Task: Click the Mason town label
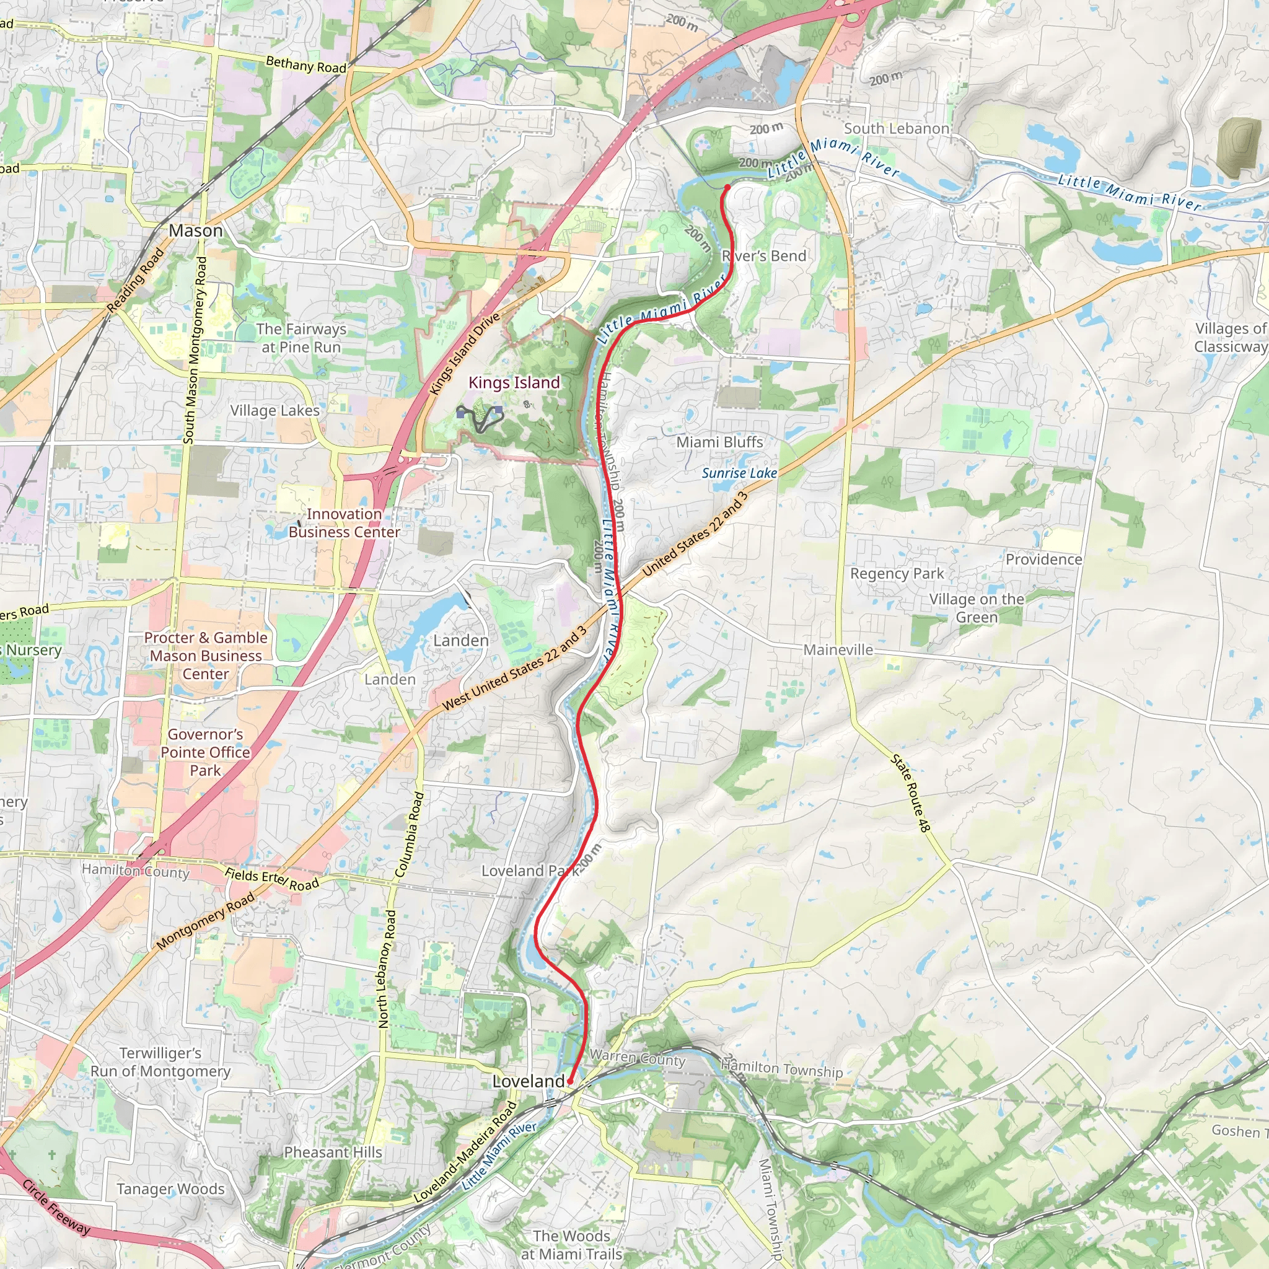[196, 231]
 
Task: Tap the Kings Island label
[514, 382]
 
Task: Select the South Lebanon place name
[896, 129]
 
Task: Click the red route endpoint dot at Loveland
[570, 1081]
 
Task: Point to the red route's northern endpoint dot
[727, 188]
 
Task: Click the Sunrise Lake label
[739, 473]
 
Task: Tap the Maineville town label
[838, 649]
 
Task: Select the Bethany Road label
[306, 65]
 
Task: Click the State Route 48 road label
[910, 794]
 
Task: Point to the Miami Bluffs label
[719, 442]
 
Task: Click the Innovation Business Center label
[344, 523]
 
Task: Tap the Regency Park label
[897, 573]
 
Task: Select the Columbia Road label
[409, 834]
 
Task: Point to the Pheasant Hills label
[332, 1152]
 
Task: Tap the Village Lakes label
[274, 411]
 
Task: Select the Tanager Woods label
[170, 1189]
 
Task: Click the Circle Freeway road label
[56, 1206]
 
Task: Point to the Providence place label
[1043, 559]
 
